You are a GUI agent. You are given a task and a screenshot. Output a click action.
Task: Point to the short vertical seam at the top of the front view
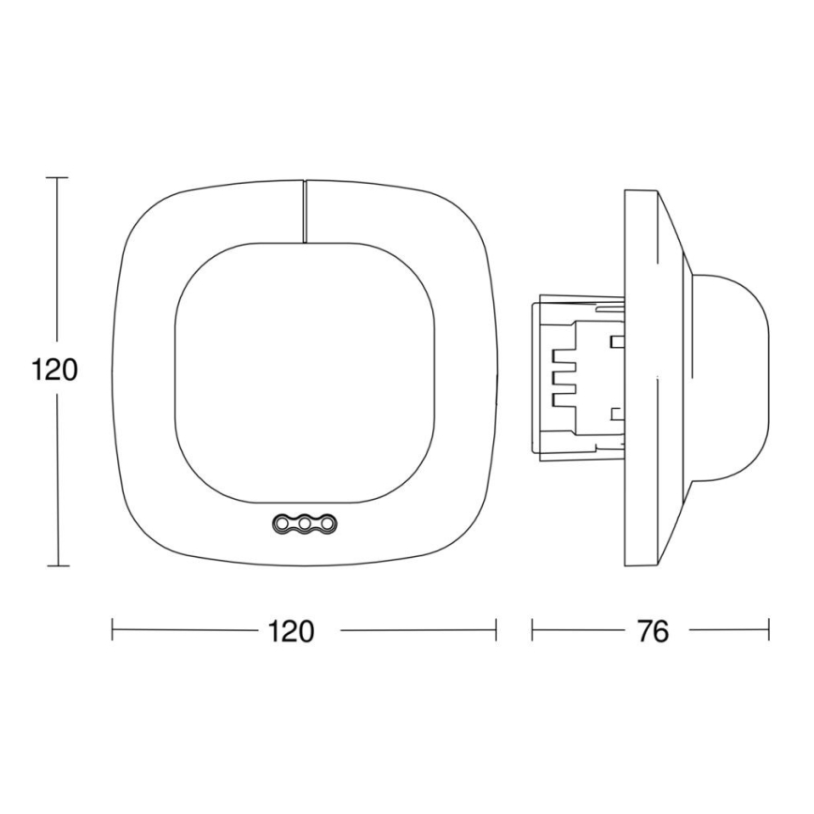click(x=305, y=211)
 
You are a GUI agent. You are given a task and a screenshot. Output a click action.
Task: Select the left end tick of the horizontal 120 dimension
click(x=113, y=630)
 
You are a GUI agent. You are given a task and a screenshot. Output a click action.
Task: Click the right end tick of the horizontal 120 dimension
click(x=496, y=630)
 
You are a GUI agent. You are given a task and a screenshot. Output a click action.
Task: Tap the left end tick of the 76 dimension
click(x=532, y=630)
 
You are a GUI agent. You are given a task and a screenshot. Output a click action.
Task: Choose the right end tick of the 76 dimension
click(x=769, y=630)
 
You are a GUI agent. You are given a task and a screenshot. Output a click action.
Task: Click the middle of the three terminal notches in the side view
click(x=564, y=377)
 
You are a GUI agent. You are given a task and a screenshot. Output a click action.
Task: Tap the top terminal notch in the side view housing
click(x=564, y=355)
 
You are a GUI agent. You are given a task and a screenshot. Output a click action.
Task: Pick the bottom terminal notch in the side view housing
click(x=564, y=399)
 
